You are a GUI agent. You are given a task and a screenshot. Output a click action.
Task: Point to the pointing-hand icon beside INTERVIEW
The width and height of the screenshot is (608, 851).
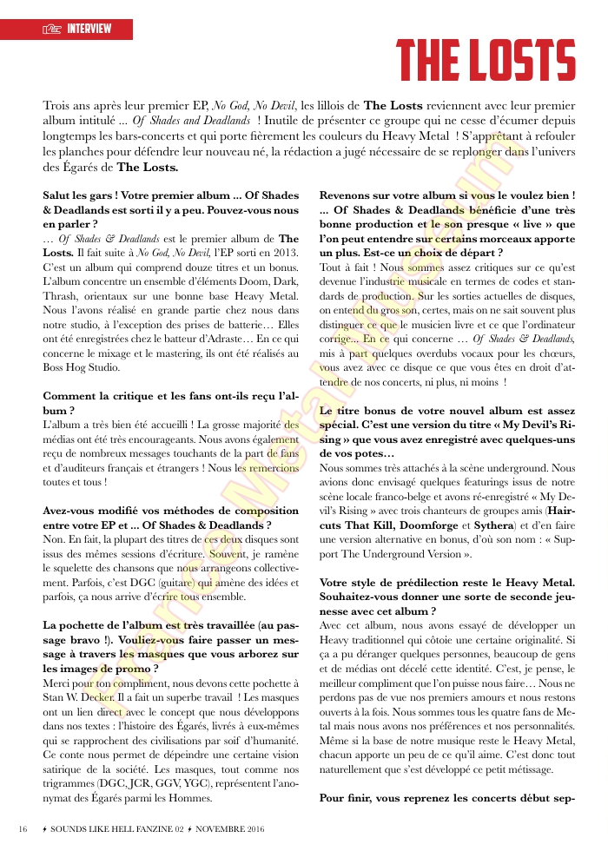(x=53, y=30)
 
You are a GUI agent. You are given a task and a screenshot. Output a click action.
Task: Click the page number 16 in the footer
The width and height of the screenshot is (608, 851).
(x=23, y=829)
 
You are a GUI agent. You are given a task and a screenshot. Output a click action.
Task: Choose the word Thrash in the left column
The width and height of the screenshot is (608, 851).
(x=61, y=290)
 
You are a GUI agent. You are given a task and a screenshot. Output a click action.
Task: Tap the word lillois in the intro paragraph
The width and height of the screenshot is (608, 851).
(x=333, y=105)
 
